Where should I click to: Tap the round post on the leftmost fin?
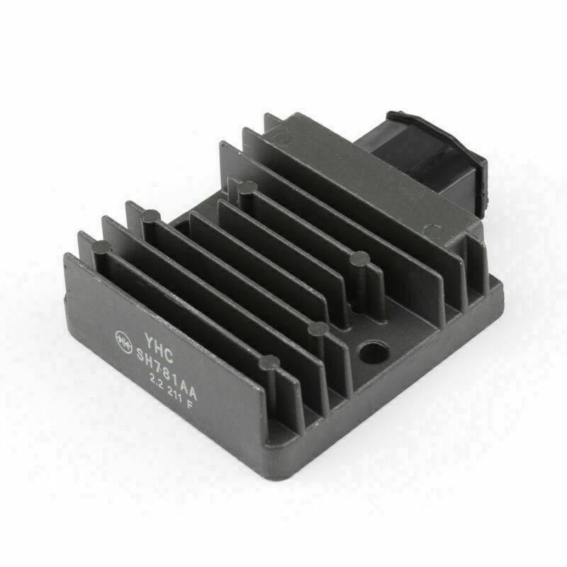click(102, 247)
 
